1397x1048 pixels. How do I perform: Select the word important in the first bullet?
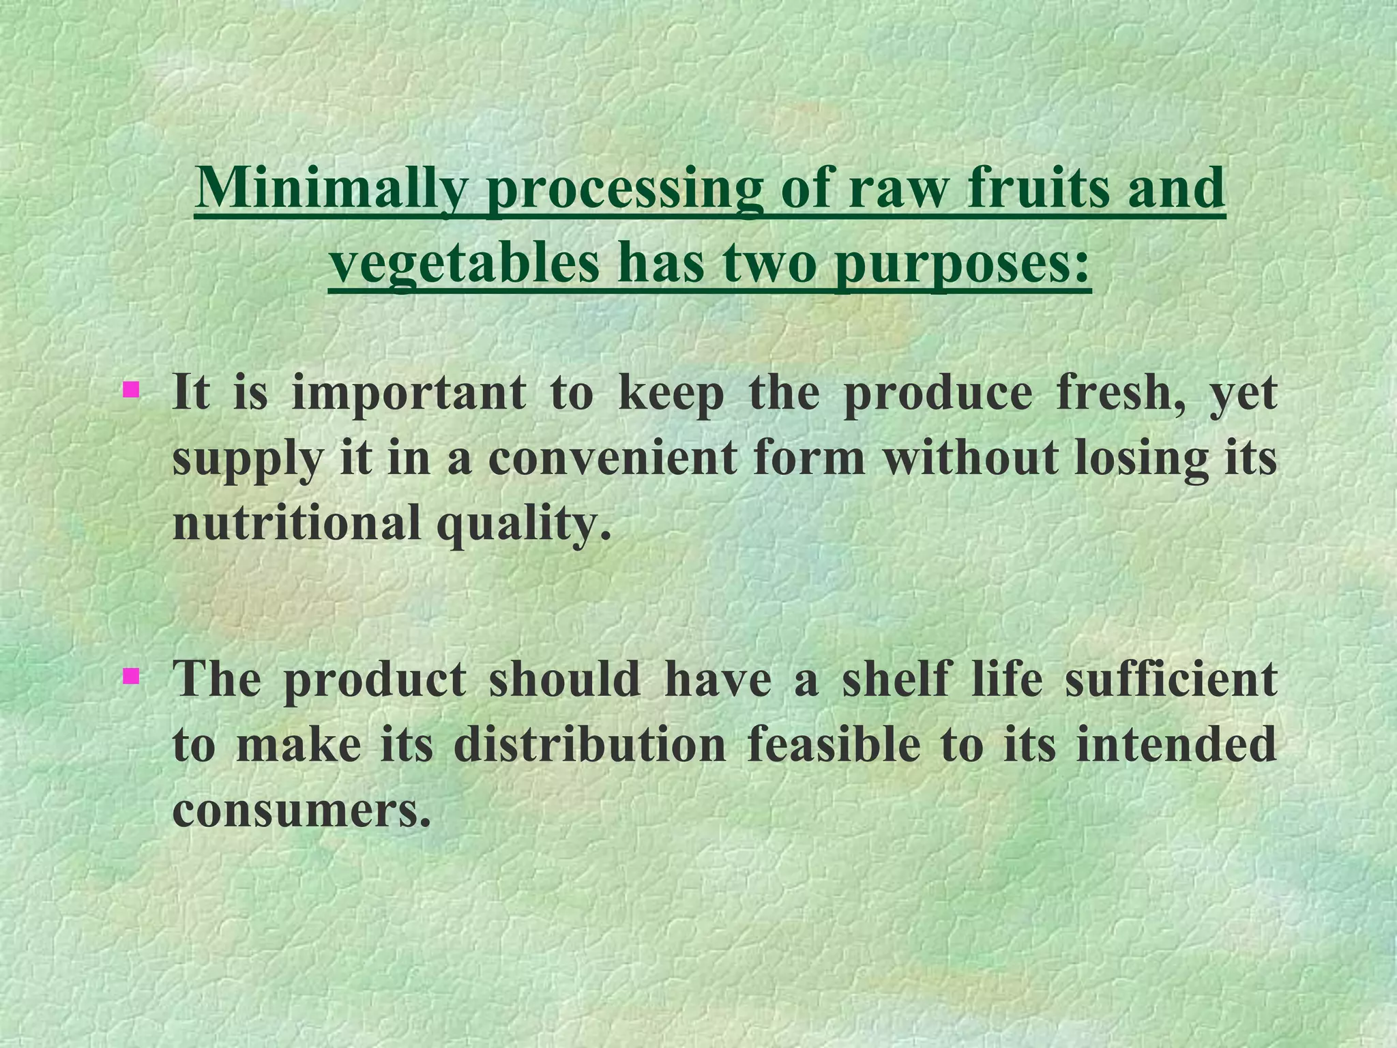point(409,394)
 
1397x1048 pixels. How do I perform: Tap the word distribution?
point(589,744)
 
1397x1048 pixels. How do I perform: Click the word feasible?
point(834,744)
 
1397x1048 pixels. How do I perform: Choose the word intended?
point(1175,744)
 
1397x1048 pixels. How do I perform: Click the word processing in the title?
point(623,188)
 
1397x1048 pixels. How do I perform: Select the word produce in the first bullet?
point(937,394)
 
